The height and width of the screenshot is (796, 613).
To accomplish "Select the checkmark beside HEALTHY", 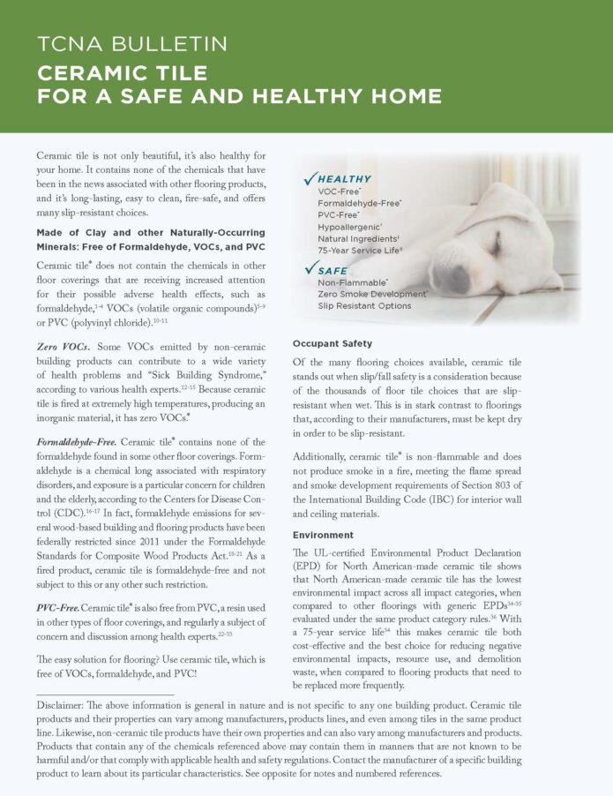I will (309, 179).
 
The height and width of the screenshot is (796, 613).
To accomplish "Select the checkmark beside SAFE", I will (309, 267).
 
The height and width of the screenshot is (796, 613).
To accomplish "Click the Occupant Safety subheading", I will (333, 343).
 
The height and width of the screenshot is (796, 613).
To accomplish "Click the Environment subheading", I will (323, 535).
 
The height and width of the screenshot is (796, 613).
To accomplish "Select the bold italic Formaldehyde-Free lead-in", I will (80, 417).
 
